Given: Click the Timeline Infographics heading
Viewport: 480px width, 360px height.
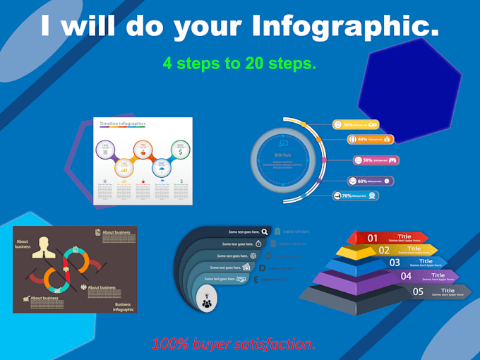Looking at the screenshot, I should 122,124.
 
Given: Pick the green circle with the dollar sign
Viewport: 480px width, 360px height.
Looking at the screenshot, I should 181,150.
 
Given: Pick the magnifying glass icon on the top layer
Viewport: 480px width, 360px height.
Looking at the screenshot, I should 264,231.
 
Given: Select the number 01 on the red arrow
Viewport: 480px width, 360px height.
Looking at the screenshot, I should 373,238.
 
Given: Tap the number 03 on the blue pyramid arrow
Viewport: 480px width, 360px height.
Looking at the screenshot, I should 395,263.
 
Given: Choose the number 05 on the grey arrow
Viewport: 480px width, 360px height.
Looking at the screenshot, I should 418,291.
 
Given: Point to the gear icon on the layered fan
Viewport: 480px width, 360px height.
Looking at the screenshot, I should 253,256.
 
